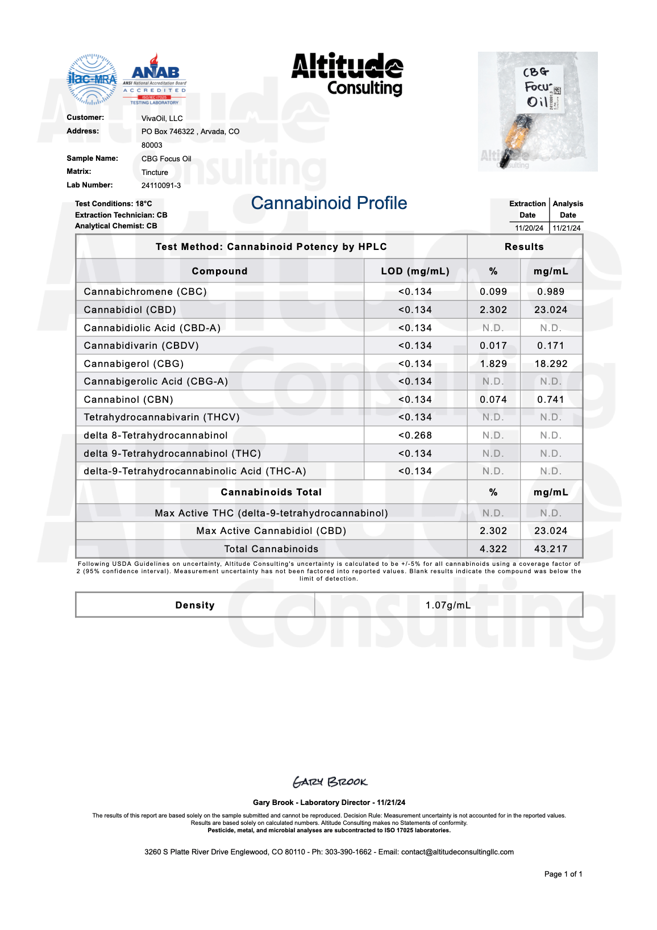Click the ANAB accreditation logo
[155, 80]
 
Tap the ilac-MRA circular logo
[92, 80]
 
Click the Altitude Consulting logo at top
[347, 74]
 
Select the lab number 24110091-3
[161, 185]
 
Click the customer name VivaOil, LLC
[162, 118]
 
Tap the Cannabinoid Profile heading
[329, 203]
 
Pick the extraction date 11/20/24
[529, 228]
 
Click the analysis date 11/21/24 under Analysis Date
[567, 228]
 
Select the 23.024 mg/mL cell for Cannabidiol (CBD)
[551, 310]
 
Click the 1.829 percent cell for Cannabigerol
[493, 364]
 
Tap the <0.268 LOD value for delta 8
[415, 435]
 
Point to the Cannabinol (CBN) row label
[128, 399]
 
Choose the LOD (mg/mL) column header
[415, 271]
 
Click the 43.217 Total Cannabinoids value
[551, 549]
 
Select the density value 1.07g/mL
[448, 605]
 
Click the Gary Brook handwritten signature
[330, 782]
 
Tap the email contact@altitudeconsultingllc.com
[457, 852]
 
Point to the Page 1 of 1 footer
[563, 874]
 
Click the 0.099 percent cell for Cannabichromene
[493, 291]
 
